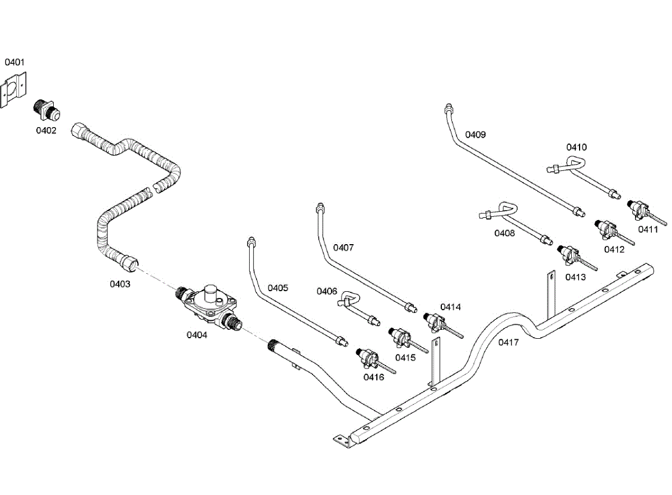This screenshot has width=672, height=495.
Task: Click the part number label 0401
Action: click(x=15, y=62)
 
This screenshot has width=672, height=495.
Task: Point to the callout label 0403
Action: click(x=120, y=284)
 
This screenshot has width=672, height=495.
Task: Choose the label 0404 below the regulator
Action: click(x=197, y=335)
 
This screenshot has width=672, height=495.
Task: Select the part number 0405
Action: click(x=278, y=288)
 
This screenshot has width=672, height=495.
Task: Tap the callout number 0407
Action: click(x=343, y=247)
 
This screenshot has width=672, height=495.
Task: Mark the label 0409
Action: click(x=475, y=134)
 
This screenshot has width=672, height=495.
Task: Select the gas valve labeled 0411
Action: click(x=638, y=209)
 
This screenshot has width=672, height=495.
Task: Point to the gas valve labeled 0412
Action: click(x=606, y=230)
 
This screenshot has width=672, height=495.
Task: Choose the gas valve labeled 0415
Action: click(x=401, y=338)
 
